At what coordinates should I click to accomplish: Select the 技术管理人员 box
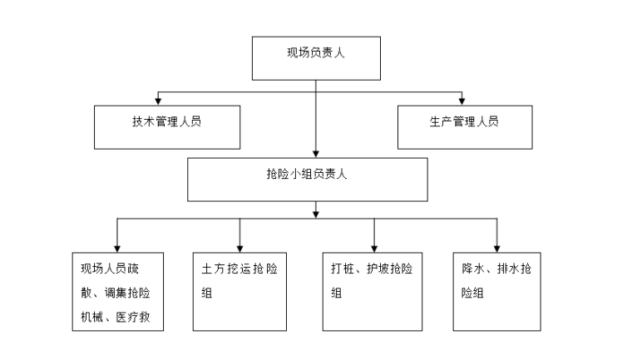167,126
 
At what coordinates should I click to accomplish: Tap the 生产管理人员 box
464,126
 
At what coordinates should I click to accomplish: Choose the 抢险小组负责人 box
307,178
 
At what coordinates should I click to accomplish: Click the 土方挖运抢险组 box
239,290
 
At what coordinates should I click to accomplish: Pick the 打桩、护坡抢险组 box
373,290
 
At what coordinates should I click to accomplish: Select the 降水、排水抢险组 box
497,290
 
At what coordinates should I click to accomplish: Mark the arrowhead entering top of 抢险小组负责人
315,153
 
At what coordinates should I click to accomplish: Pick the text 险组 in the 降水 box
473,293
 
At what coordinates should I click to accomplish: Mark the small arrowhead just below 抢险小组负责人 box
315,215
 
